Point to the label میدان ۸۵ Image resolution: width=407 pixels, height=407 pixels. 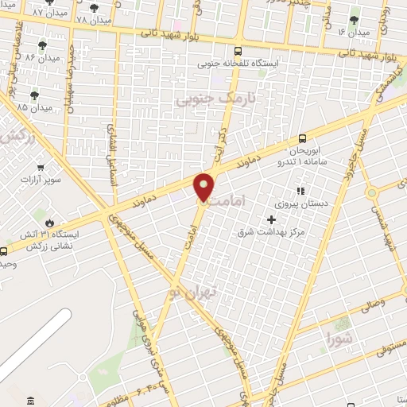[33, 106]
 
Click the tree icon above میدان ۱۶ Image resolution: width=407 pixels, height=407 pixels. [355, 19]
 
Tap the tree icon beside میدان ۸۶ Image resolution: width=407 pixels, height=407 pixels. [42, 45]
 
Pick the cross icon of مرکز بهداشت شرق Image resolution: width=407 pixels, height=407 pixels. [272, 219]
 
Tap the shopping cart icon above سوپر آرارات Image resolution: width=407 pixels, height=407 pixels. [41, 168]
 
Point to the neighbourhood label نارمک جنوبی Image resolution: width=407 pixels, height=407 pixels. [205, 100]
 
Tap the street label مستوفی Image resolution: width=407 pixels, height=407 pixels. [387, 340]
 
